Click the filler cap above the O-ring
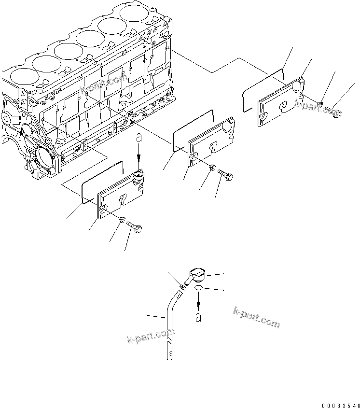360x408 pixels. [x=199, y=276]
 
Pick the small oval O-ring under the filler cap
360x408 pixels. [x=197, y=289]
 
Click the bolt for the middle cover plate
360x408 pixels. [x=226, y=174]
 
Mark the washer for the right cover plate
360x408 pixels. [x=321, y=103]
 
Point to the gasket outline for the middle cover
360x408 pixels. [x=193, y=128]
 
